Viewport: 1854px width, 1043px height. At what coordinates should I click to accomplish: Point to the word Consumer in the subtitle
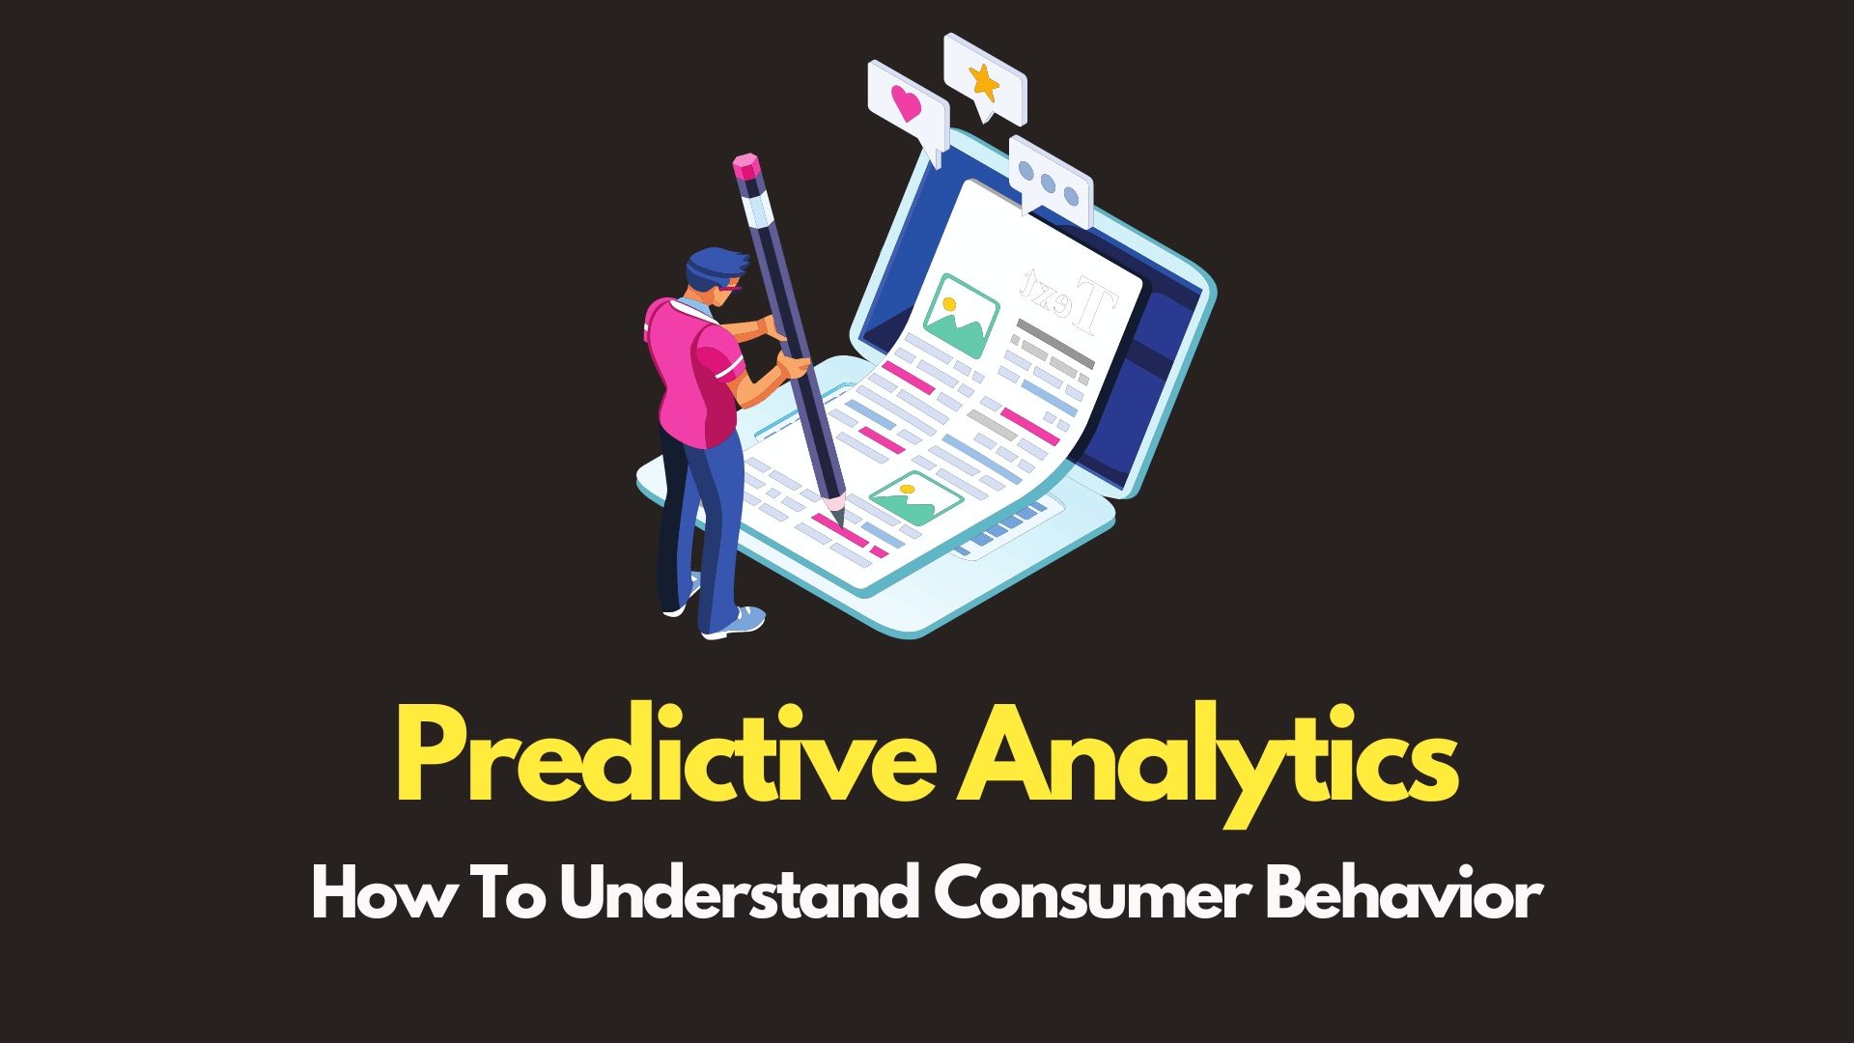pyautogui.click(x=1092, y=893)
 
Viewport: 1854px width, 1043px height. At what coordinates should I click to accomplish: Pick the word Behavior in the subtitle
pyautogui.click(x=1404, y=893)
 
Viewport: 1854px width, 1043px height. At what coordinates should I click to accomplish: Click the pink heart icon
pyautogui.click(x=906, y=102)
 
